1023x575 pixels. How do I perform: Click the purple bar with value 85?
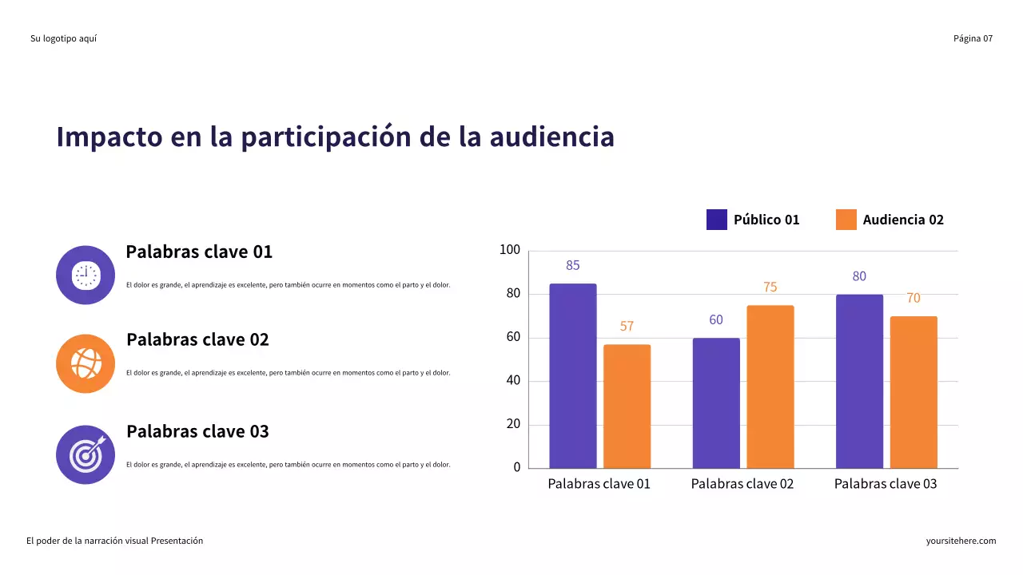[572, 375]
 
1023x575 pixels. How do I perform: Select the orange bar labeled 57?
[627, 406]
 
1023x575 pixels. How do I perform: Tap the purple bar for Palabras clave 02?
[716, 402]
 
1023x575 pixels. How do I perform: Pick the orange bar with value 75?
[770, 387]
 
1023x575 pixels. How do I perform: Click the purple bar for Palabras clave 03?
[859, 381]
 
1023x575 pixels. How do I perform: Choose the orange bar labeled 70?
[914, 392]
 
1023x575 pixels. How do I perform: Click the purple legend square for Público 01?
[716, 220]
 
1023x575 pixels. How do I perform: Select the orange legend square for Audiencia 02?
[846, 220]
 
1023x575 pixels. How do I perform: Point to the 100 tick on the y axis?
[510, 251]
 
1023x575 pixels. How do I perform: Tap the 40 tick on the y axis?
[512, 381]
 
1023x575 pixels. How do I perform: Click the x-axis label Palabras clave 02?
[742, 484]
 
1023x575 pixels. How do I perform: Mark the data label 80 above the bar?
[859, 276]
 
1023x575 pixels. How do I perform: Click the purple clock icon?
[86, 275]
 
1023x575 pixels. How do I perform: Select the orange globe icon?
[86, 363]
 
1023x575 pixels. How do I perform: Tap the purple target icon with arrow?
[86, 454]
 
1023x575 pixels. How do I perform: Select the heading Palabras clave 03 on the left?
[197, 431]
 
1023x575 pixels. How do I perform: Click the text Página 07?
[973, 38]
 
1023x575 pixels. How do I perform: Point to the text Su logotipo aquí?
[63, 38]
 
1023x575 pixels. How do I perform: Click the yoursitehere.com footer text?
[961, 541]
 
